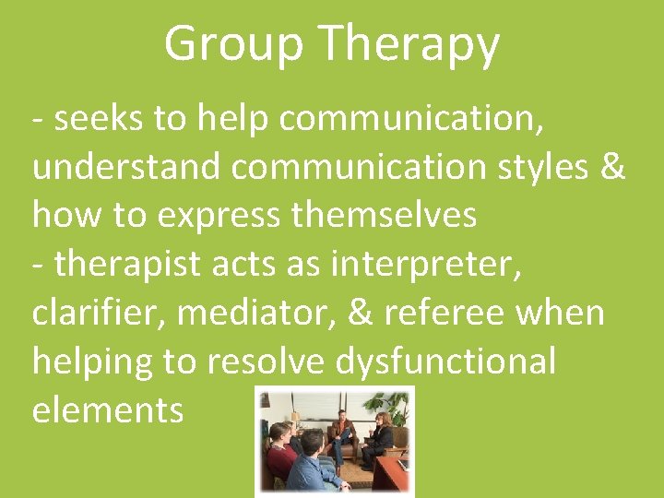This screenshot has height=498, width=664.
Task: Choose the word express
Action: (x=219, y=215)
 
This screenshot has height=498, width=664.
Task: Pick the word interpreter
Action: (x=426, y=264)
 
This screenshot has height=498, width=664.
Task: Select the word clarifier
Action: (x=99, y=313)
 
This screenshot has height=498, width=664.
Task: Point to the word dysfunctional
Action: (x=445, y=361)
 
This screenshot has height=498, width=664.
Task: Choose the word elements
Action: (x=108, y=409)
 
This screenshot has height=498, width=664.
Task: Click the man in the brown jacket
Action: (x=343, y=433)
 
